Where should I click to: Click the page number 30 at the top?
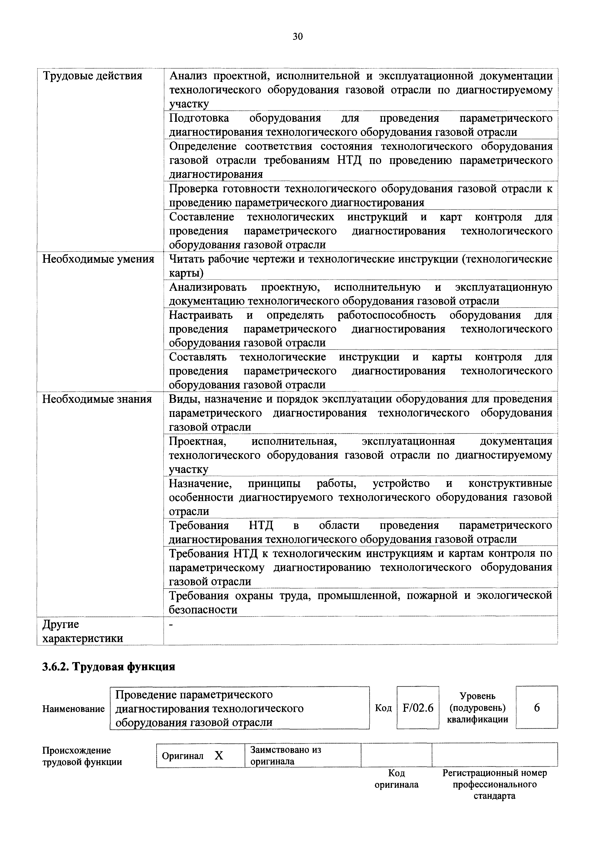(298, 36)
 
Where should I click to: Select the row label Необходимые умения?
(98, 259)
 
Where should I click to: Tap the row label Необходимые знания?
(97, 399)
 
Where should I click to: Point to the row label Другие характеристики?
(83, 631)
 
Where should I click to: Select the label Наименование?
(73, 709)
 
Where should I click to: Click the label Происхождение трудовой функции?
(82, 756)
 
